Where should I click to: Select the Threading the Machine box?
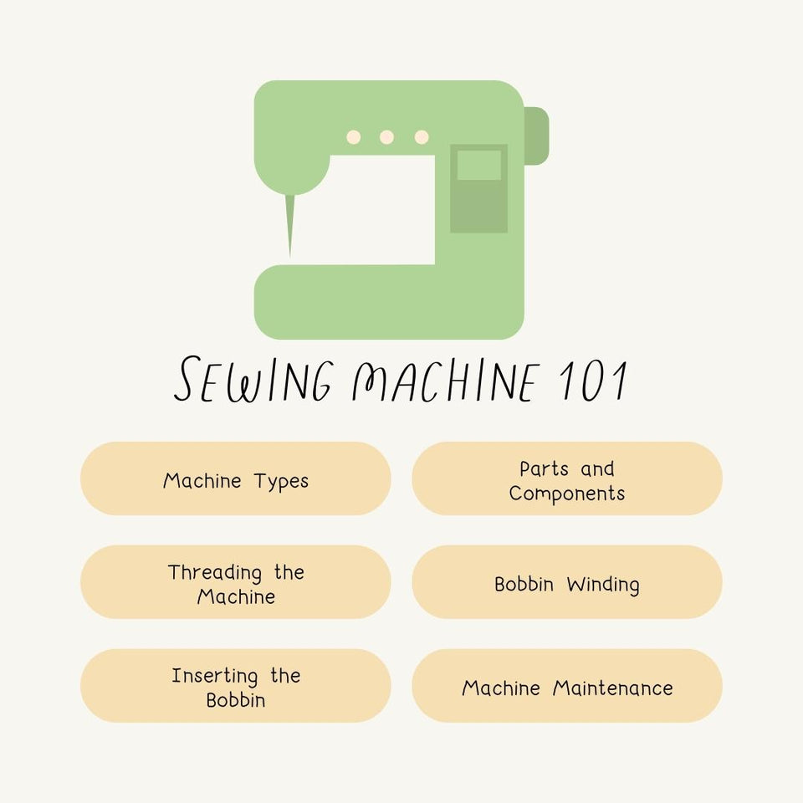pyautogui.click(x=235, y=582)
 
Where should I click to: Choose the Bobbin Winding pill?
pyautogui.click(x=567, y=582)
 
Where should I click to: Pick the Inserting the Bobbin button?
pyautogui.click(x=235, y=686)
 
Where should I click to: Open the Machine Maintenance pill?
pyautogui.click(x=567, y=686)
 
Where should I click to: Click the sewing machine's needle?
pyautogui.click(x=291, y=222)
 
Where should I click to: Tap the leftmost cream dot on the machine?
pyautogui.click(x=354, y=137)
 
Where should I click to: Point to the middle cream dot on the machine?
pyautogui.click(x=386, y=137)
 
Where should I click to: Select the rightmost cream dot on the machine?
pyautogui.click(x=422, y=137)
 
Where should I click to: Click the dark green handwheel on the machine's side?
pyautogui.click(x=537, y=136)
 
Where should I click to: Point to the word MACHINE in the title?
pyautogui.click(x=443, y=381)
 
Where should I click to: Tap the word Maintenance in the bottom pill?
pyautogui.click(x=613, y=688)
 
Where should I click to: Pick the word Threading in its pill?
pyautogui.click(x=216, y=573)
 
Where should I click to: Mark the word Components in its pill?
pyautogui.click(x=567, y=494)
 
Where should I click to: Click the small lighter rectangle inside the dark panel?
pyautogui.click(x=478, y=165)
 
